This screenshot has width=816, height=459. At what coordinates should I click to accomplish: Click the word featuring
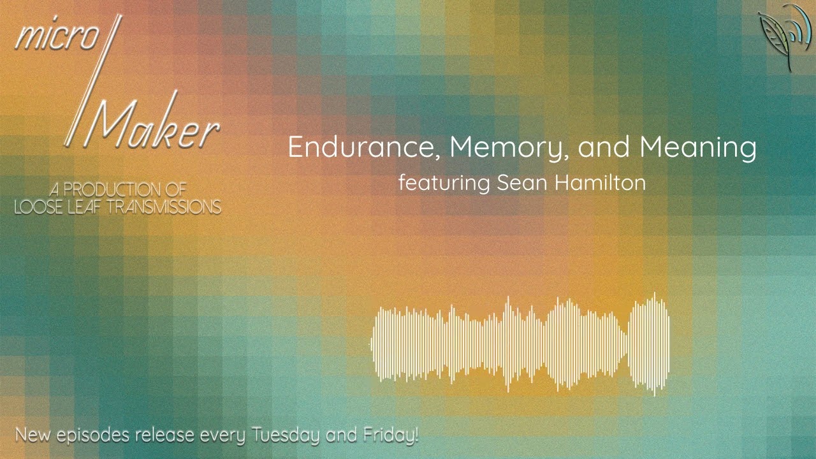pos(443,184)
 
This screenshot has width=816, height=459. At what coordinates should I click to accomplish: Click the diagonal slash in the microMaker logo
pos(93,80)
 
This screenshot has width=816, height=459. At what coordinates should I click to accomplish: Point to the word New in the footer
pos(33,436)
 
